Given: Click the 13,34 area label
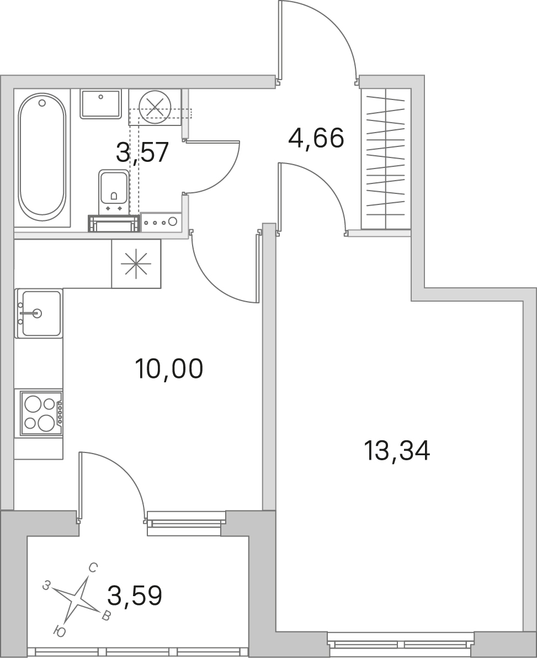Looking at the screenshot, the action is [x=397, y=451].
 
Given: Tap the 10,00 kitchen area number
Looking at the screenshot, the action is [x=169, y=369].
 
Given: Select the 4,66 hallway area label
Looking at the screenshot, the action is [x=316, y=138].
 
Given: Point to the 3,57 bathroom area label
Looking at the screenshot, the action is [x=142, y=152].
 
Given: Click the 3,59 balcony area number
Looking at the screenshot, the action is [x=134, y=596].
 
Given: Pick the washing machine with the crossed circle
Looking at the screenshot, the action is [x=155, y=107].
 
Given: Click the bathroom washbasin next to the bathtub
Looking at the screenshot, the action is [x=100, y=103].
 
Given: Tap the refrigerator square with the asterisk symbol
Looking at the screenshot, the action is [x=136, y=264].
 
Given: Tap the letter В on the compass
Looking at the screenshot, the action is [x=107, y=616].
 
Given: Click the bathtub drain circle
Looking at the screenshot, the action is [x=42, y=102].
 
